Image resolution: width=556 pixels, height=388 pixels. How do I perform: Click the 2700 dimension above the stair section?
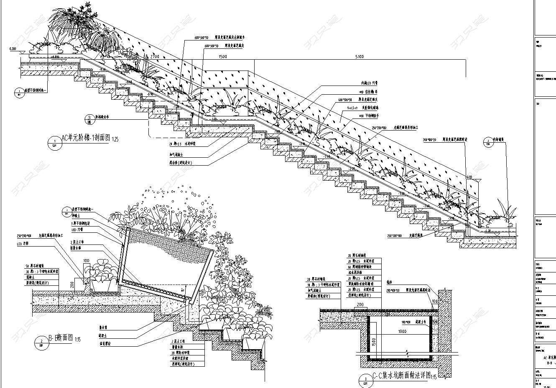click(155, 56)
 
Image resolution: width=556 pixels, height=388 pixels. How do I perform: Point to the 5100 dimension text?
click(359, 57)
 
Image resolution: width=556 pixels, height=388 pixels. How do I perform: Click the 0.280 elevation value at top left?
click(13, 49)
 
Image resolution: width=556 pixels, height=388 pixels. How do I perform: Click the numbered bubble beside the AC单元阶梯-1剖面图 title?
click(54, 142)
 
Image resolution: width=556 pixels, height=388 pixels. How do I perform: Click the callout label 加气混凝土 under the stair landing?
click(177, 154)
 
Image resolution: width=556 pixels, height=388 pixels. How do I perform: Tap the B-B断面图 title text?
click(60, 338)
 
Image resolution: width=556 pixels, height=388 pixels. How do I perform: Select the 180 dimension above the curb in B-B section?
click(86, 261)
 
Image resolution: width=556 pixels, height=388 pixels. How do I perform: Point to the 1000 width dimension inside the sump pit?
click(402, 331)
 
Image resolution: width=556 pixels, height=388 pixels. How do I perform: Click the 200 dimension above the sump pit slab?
click(360, 305)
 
